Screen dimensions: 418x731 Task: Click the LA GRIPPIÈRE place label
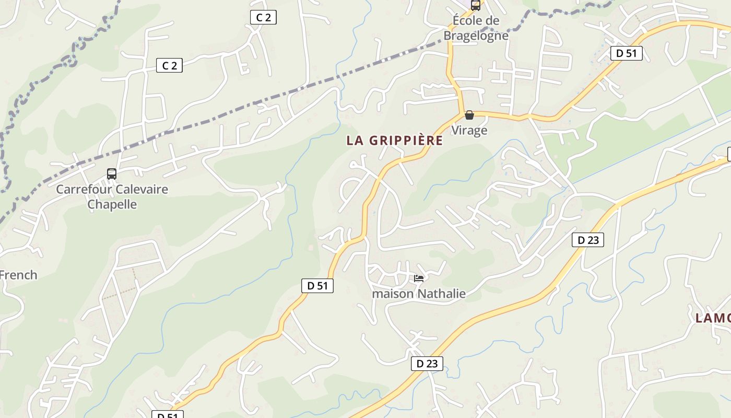[x=395, y=141]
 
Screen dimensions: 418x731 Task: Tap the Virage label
[x=469, y=130]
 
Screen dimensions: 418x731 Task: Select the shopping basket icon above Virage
[x=469, y=115]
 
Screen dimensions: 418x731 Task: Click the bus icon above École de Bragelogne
[x=475, y=5]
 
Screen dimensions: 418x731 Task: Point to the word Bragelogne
[x=476, y=36]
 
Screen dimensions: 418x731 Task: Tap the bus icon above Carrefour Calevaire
[x=111, y=174]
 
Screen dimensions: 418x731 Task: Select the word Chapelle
[x=112, y=204]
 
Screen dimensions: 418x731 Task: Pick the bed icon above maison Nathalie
[x=419, y=278]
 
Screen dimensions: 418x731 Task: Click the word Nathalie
[x=441, y=294]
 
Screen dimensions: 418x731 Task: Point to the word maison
[x=393, y=294]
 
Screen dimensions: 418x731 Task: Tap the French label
[x=18, y=275]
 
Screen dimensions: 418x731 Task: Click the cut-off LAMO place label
[x=713, y=318]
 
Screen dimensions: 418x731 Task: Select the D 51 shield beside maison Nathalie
[x=317, y=286]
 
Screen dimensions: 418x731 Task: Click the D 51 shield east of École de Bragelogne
[x=626, y=53]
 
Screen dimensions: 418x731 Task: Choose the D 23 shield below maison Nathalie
[x=427, y=364]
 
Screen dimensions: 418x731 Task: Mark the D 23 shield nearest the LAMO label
[x=588, y=240]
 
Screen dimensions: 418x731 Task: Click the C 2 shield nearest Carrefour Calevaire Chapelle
[x=169, y=65]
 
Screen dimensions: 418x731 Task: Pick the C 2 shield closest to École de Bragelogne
[x=263, y=17]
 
